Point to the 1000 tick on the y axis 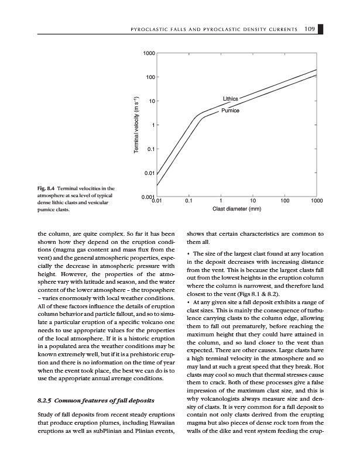pos(148,54)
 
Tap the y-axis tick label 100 pos(149,78)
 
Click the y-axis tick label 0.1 pos(150,149)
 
